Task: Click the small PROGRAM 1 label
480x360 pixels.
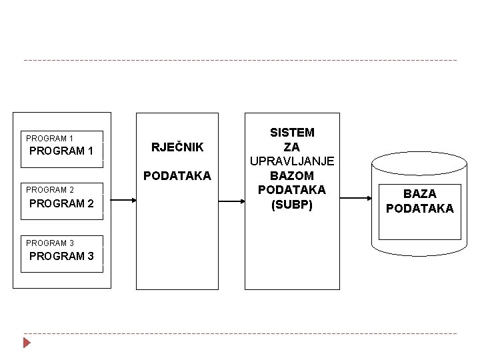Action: click(x=50, y=139)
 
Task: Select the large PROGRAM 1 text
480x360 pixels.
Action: click(x=61, y=151)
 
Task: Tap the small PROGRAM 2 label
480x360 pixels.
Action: click(x=50, y=190)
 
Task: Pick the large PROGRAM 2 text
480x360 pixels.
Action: click(x=61, y=203)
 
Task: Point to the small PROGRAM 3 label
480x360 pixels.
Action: click(x=50, y=243)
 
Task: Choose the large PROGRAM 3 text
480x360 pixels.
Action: click(x=61, y=256)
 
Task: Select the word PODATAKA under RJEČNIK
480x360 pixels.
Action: click(x=177, y=176)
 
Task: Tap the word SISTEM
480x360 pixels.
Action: click(x=292, y=133)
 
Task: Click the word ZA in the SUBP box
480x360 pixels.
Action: click(x=292, y=147)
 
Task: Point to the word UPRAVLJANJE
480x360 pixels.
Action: click(x=292, y=161)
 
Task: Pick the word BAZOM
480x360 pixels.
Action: click(x=292, y=176)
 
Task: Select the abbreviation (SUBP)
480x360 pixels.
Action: click(x=292, y=205)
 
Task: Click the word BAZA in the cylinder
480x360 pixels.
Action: click(x=420, y=194)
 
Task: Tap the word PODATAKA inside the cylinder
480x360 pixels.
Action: click(x=420, y=209)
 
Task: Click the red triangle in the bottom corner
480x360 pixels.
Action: click(x=27, y=343)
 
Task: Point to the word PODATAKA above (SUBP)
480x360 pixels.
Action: click(x=292, y=190)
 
